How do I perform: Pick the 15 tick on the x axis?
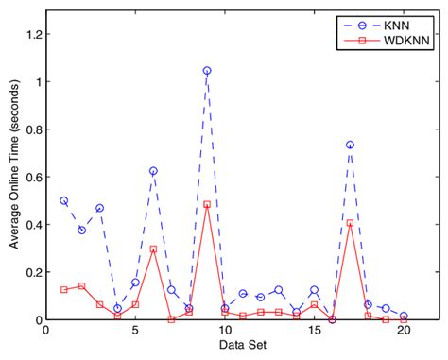(314, 333)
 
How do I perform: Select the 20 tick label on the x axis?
(404, 333)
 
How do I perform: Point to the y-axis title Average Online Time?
(13, 178)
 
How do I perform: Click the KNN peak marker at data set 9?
(207, 71)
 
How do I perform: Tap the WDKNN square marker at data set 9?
(207, 204)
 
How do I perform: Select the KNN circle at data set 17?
(350, 145)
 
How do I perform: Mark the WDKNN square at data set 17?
(350, 223)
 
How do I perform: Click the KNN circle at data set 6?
(153, 171)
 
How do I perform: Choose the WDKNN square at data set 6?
(153, 249)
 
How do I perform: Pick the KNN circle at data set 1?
(63, 200)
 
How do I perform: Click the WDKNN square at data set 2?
(81, 286)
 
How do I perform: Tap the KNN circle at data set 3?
(99, 208)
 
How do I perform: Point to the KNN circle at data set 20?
(404, 317)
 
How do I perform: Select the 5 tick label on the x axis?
(135, 333)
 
